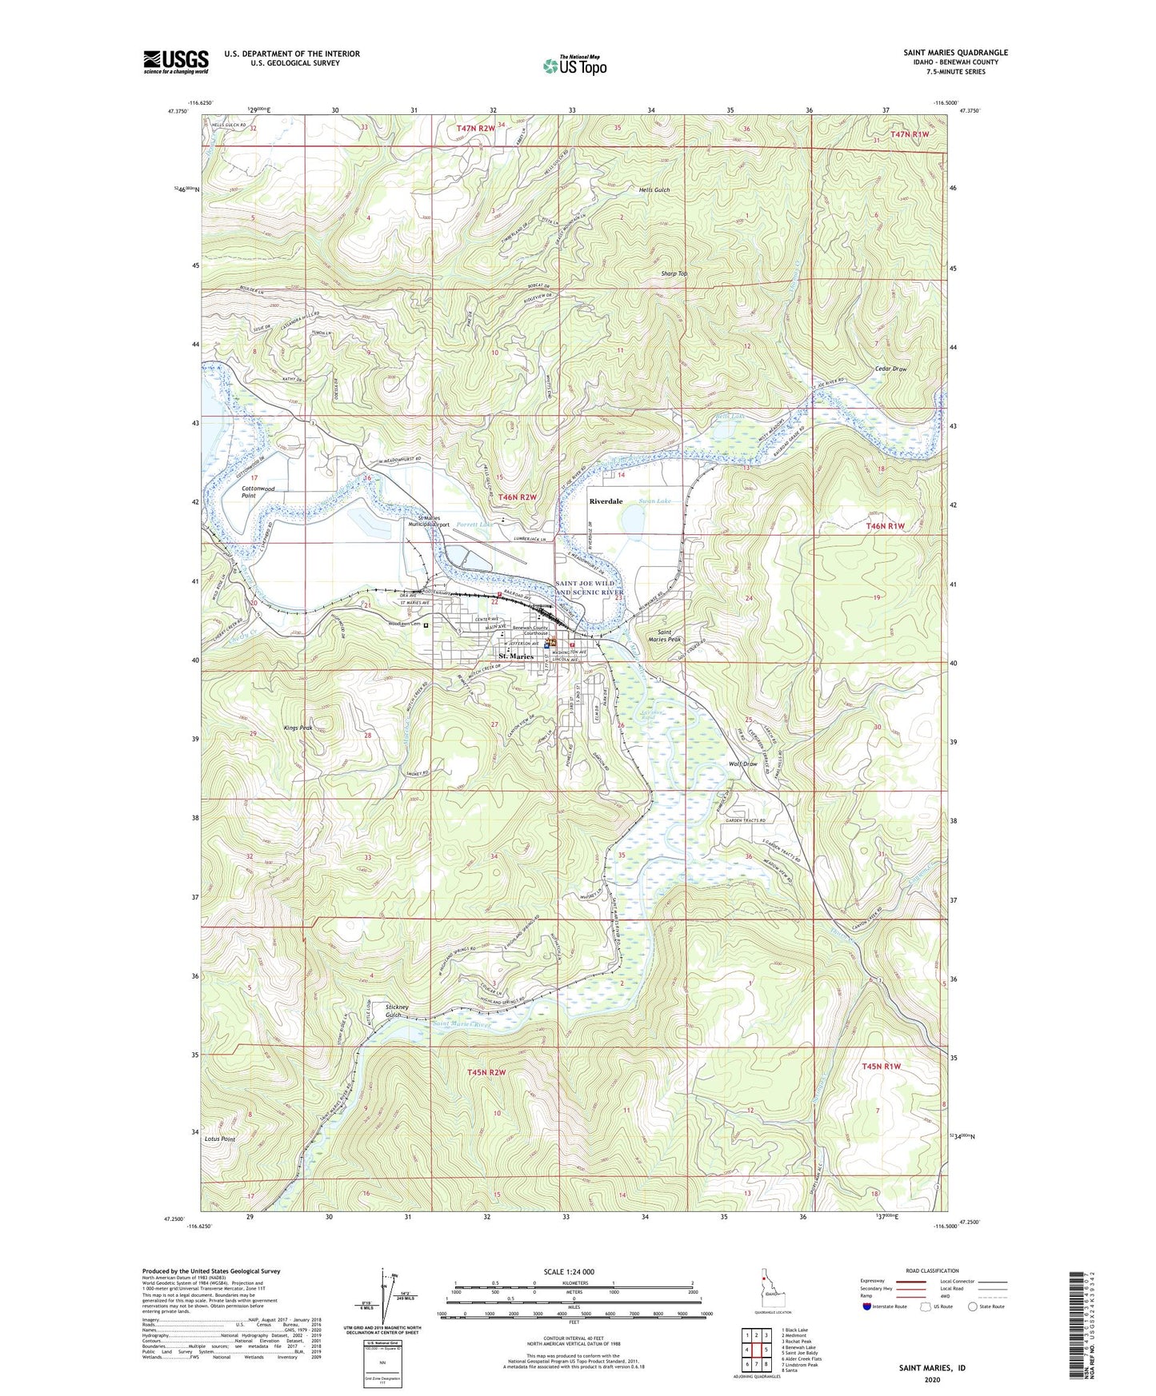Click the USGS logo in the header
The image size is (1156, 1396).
point(175,61)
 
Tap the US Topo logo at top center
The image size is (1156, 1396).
point(574,66)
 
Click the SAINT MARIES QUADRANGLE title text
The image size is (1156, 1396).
point(955,53)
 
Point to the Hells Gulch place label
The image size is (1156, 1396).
point(654,189)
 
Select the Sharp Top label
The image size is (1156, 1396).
point(674,273)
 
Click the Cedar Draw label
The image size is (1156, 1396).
point(890,369)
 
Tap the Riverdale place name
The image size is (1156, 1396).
point(606,501)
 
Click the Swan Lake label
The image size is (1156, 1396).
point(654,501)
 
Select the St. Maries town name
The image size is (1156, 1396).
point(516,656)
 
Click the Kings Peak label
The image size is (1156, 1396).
point(298,728)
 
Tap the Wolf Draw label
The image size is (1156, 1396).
point(742,764)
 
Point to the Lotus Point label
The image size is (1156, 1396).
point(219,1139)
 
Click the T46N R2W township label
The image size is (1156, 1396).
point(518,497)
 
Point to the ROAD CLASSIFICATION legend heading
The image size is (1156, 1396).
point(932,1270)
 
